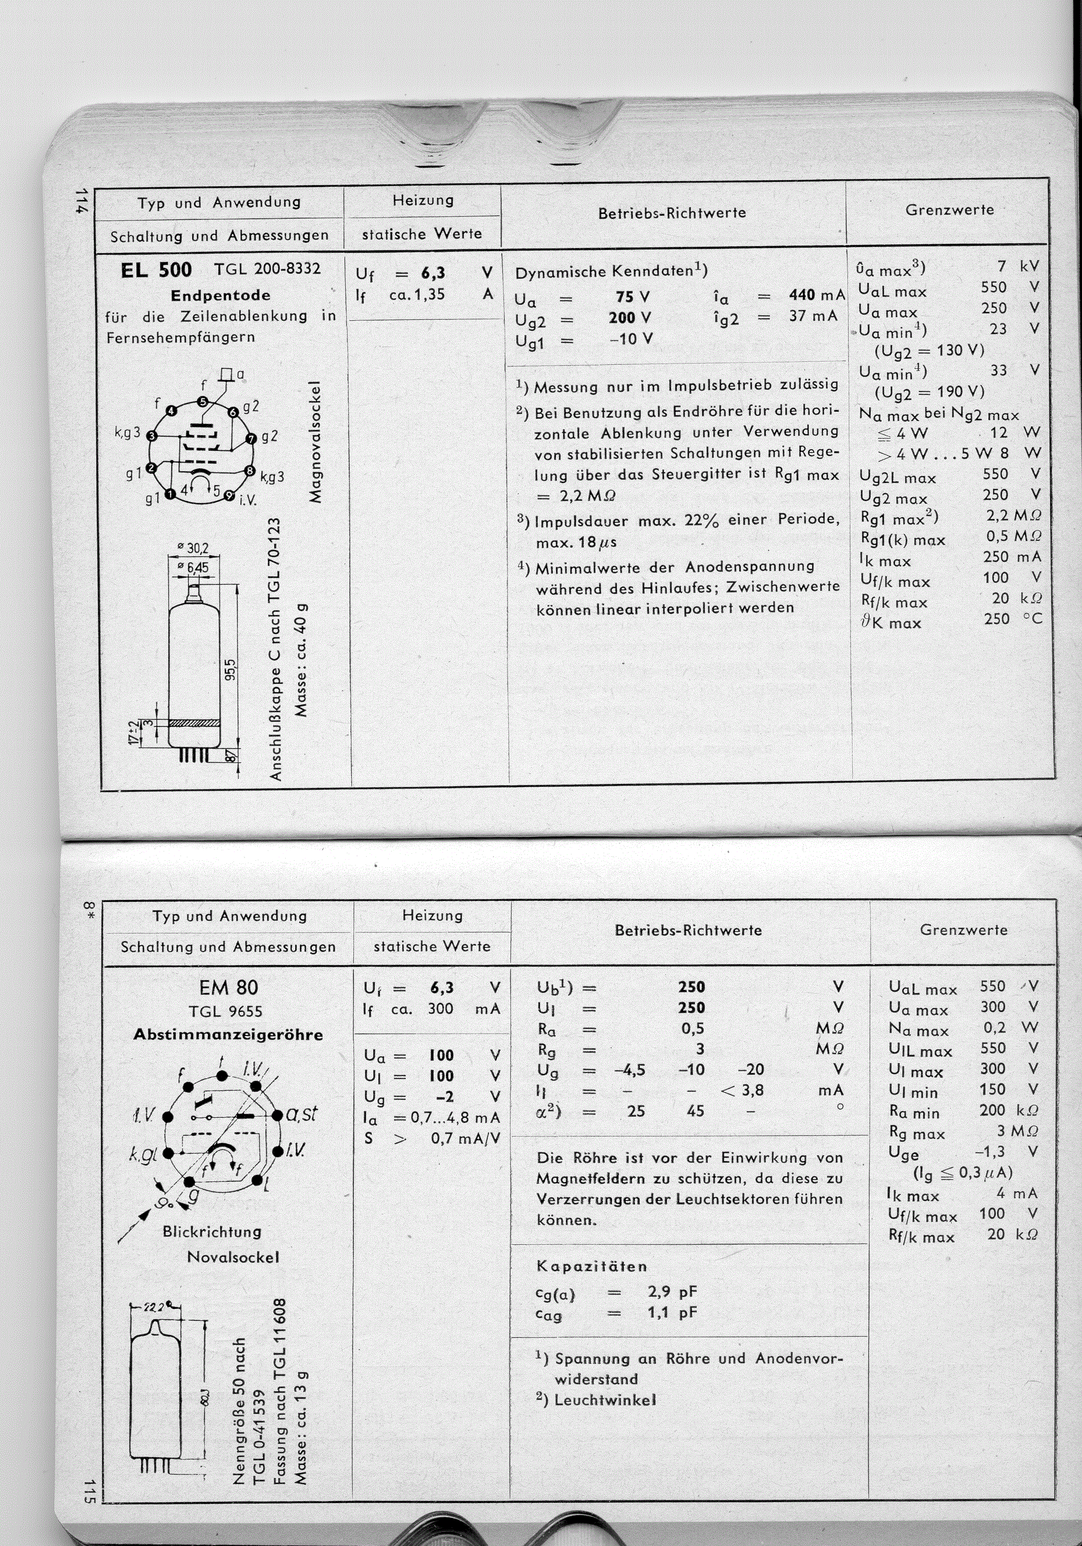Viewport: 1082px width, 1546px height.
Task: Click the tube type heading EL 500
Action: tap(157, 270)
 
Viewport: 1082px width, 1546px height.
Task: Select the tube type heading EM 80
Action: tap(228, 987)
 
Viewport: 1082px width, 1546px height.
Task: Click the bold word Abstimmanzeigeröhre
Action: tap(228, 1034)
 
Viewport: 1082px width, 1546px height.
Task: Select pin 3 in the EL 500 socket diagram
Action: tap(152, 436)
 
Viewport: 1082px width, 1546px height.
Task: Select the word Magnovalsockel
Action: tap(315, 443)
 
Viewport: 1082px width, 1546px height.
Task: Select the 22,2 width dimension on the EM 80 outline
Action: tap(157, 1307)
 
